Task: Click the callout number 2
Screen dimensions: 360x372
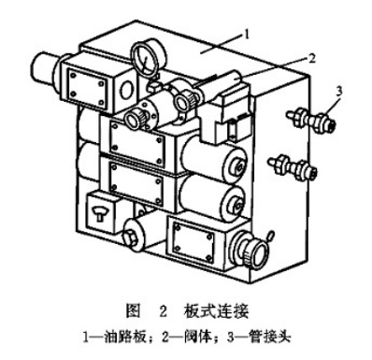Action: [x=310, y=57]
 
